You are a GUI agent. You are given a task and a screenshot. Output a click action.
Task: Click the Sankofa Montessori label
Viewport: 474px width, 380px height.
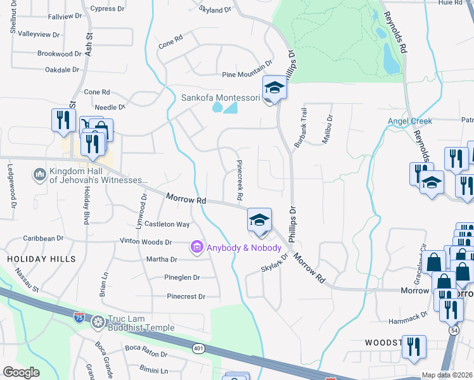(x=221, y=98)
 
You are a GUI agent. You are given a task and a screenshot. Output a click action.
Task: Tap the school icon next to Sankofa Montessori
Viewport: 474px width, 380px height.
(x=274, y=88)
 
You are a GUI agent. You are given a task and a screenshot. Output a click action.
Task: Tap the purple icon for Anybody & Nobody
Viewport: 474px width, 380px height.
(x=196, y=246)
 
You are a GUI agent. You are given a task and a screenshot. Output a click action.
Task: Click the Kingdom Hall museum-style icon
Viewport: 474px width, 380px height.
(x=39, y=173)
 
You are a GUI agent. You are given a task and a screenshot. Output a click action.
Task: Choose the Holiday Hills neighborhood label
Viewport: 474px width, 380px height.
(x=42, y=259)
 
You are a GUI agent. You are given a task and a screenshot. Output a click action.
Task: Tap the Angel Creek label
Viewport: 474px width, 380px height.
(x=410, y=121)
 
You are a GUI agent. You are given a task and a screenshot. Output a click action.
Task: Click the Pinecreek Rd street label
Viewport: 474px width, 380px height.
(x=240, y=180)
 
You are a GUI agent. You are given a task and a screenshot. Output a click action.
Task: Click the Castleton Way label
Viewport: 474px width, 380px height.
(x=167, y=224)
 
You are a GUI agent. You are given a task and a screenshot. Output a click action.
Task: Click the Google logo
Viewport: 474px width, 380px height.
(x=21, y=372)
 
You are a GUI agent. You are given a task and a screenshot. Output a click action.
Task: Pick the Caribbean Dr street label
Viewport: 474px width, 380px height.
(x=42, y=238)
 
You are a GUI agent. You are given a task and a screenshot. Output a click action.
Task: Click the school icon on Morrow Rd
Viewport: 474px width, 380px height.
(x=259, y=220)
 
